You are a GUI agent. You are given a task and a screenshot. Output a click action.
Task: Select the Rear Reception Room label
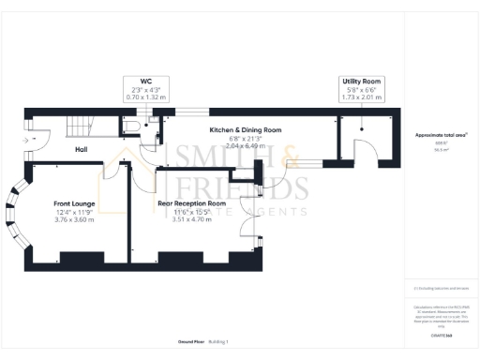click(x=192, y=203)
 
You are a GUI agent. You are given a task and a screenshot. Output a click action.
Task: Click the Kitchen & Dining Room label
click(x=245, y=129)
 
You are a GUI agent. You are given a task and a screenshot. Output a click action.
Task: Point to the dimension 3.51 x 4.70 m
click(x=192, y=220)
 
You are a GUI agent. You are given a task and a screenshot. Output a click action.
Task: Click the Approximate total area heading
click(x=440, y=135)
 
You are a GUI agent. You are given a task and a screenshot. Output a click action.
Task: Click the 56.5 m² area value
click(x=440, y=149)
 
